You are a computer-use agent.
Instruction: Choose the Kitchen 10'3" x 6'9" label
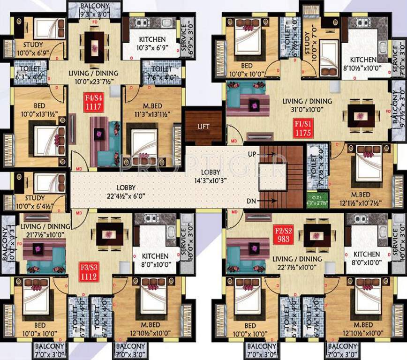151,44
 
